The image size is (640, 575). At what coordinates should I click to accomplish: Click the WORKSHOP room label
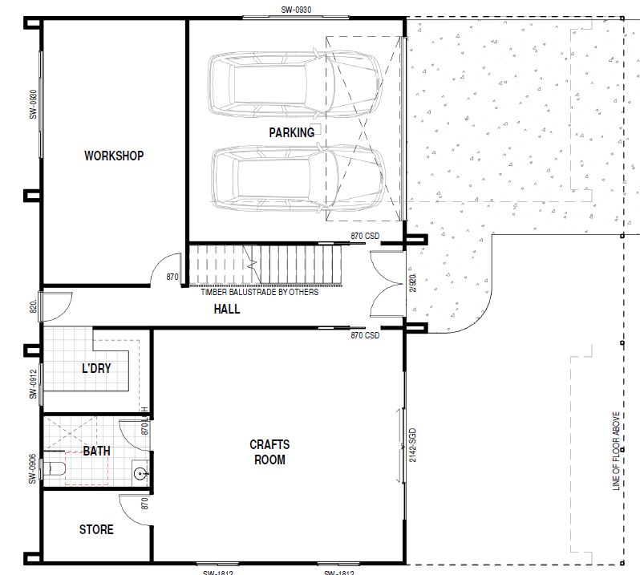(114, 156)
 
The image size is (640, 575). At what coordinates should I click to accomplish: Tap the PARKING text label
(291, 132)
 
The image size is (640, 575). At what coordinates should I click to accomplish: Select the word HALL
(227, 309)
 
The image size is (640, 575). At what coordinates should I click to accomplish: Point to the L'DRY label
(96, 368)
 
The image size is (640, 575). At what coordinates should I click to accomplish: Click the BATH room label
(96, 451)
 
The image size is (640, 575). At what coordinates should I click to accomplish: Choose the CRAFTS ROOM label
(269, 452)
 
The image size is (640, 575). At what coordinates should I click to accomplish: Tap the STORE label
(96, 529)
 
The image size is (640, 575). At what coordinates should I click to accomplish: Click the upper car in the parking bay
(293, 84)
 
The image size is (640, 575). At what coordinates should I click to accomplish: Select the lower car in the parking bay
(297, 178)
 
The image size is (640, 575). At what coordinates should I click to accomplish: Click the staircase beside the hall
(265, 265)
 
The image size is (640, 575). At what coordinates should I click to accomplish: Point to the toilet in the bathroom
(56, 470)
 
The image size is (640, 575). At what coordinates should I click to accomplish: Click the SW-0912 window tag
(34, 384)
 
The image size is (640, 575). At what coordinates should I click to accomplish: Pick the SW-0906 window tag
(34, 469)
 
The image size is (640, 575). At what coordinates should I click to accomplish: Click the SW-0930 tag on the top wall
(296, 10)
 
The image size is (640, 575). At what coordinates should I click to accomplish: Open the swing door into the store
(132, 509)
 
